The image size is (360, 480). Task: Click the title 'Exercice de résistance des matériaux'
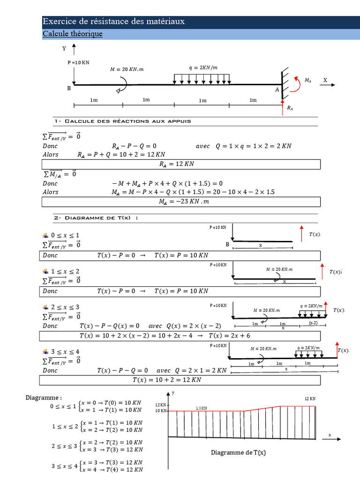click(x=113, y=22)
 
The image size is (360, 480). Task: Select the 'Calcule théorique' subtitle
click(x=72, y=34)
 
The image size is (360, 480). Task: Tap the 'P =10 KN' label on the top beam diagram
click(x=78, y=62)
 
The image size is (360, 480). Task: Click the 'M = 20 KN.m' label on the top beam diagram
click(x=127, y=69)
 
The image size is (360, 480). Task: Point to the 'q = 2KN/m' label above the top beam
click(x=203, y=67)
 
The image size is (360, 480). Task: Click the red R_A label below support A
click(x=290, y=108)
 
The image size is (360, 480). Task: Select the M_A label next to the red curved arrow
click(x=308, y=81)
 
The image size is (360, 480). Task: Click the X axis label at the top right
click(x=325, y=80)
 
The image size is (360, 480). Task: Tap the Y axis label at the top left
click(x=64, y=48)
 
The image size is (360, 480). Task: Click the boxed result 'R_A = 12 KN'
click(x=181, y=164)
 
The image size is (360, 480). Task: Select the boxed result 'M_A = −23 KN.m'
click(x=181, y=202)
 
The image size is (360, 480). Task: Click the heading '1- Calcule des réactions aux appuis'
click(x=122, y=121)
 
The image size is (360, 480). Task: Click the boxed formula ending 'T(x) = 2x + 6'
click(x=181, y=336)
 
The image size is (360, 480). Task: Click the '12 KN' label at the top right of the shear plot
click(x=310, y=398)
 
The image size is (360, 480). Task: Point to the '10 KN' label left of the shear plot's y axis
click(x=160, y=411)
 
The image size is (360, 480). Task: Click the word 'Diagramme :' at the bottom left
click(x=44, y=397)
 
